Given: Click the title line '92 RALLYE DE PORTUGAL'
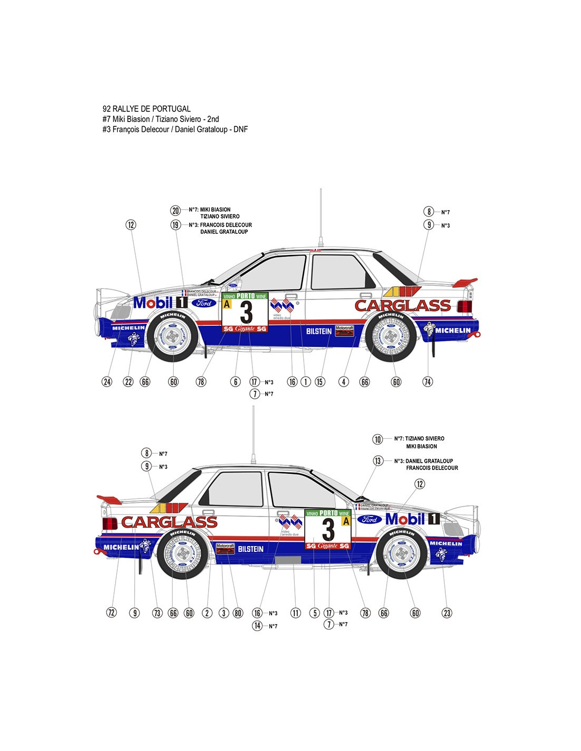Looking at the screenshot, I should point(146,109).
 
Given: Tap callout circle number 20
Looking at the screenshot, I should point(175,210).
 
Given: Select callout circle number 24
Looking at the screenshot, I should point(107,381).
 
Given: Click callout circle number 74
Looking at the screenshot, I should point(427,381).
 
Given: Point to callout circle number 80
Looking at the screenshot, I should point(238,613).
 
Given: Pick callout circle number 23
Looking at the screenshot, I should point(447,613).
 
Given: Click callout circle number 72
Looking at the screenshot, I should point(111,613).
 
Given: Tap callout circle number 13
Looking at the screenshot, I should point(378,461).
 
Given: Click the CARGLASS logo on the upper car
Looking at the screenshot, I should point(402,305).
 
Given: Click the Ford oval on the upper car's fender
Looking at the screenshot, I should point(204,303).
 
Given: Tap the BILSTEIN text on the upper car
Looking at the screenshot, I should point(319,331).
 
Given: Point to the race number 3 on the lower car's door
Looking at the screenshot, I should point(328,529).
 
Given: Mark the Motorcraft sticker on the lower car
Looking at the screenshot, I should point(225,548).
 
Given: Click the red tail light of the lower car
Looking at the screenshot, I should point(110,523).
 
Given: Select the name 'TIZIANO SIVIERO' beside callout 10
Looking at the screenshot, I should point(425,438).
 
